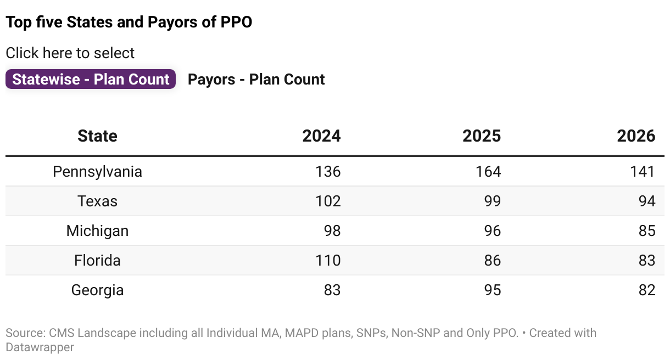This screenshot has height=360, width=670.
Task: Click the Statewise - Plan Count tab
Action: click(91, 79)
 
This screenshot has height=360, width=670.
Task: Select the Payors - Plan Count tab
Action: click(256, 79)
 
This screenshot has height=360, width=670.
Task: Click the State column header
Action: click(97, 136)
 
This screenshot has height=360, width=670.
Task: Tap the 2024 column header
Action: click(321, 136)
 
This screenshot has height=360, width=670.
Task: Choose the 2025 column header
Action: click(482, 136)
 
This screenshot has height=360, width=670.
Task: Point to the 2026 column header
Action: click(636, 136)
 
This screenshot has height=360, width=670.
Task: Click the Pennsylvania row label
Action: click(97, 171)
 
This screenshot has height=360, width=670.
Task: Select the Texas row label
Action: click(97, 201)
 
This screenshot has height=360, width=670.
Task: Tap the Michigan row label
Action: click(97, 230)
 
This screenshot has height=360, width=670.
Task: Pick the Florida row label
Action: click(97, 260)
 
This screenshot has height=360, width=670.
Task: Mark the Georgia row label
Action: click(97, 290)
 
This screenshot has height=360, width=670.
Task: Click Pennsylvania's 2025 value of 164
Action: click(488, 171)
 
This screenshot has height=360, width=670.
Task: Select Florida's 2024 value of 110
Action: click(328, 260)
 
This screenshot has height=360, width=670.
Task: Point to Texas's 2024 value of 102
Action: click(328, 201)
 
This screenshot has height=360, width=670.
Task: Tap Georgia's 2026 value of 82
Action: click(647, 290)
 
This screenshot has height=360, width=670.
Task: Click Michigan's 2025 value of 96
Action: click(492, 230)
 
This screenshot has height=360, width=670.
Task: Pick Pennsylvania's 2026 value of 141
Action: click(643, 171)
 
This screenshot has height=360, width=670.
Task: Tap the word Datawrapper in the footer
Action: click(40, 347)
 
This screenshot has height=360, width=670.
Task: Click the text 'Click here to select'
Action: click(70, 53)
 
